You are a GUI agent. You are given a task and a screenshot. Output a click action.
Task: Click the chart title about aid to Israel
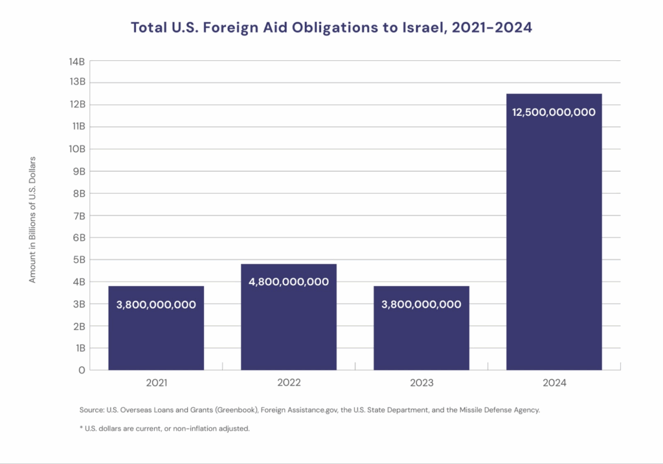331,28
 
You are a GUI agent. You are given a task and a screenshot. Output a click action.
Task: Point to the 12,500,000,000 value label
554,112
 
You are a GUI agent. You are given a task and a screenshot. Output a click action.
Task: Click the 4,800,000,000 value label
289,282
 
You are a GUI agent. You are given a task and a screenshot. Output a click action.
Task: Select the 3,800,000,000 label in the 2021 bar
156,304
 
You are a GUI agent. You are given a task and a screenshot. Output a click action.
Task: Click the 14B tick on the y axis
76,61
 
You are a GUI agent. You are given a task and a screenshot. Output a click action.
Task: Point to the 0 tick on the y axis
82,370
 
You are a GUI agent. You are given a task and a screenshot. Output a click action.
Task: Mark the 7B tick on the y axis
78,215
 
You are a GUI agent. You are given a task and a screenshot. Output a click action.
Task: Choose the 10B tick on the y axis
76,149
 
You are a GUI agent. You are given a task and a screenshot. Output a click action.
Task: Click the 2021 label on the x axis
156,383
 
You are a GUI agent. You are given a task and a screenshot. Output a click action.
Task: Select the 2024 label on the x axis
554,383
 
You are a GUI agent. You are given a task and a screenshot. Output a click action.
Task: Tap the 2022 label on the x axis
289,383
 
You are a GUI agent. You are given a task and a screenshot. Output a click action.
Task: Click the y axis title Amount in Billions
32,219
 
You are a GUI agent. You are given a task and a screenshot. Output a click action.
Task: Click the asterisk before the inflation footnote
81,428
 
